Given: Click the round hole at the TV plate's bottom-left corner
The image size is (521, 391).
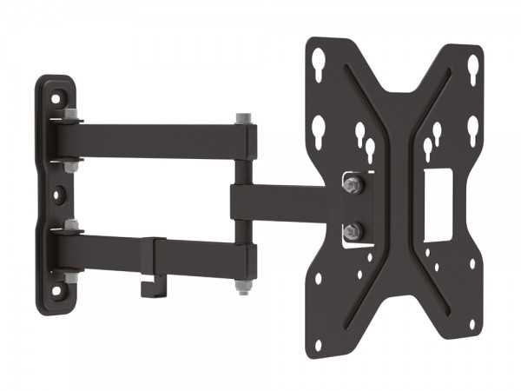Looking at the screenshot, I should tap(318, 345).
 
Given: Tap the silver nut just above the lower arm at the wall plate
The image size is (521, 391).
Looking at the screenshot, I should tap(70, 225).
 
